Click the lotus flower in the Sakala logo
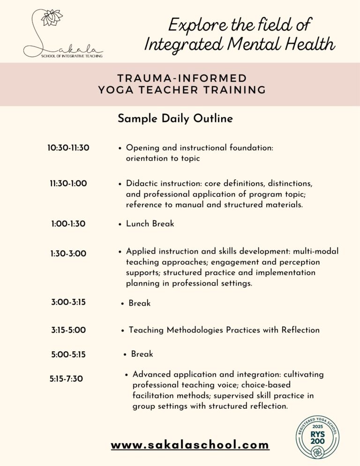[52, 17]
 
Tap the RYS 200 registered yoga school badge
[317, 436]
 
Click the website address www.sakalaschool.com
[190, 444]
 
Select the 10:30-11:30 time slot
[68, 148]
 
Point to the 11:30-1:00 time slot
[68, 184]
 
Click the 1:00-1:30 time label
[68, 224]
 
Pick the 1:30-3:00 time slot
[68, 254]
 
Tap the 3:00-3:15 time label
[68, 302]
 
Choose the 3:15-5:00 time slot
[68, 330]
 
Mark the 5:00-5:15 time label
[68, 355]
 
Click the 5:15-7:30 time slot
[66, 379]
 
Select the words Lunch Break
[150, 224]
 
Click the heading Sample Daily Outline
[175, 119]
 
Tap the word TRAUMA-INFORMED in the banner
[182, 78]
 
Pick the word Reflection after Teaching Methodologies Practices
[300, 330]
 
